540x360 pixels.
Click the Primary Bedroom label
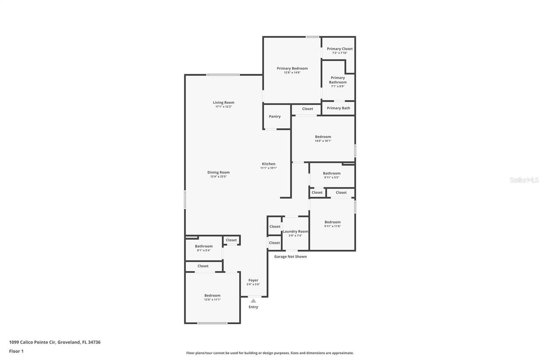point(292,68)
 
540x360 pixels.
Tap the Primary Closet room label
point(340,49)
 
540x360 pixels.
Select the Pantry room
point(275,116)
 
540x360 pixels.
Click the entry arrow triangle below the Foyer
point(253,301)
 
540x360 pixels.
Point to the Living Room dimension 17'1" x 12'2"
point(224,107)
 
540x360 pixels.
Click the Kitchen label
point(268,164)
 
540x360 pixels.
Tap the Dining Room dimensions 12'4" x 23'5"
point(219,176)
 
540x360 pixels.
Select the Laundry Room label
point(295,231)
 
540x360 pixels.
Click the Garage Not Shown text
point(290,257)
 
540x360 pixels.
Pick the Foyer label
point(253,280)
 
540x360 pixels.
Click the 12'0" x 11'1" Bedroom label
point(212,295)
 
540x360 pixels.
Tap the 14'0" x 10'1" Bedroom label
point(323,137)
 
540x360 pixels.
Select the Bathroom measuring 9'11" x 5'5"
point(332,173)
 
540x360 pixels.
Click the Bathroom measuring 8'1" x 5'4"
point(203,246)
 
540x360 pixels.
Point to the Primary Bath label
point(338,108)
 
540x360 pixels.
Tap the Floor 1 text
point(16,351)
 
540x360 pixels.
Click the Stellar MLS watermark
point(524,180)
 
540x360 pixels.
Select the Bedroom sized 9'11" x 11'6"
point(332,222)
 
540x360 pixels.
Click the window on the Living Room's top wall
point(223,75)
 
